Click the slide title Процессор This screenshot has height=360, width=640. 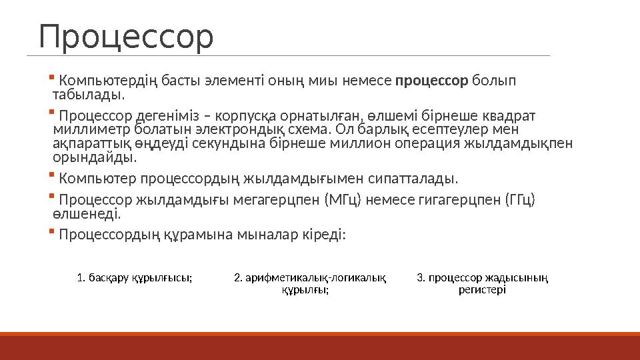126,37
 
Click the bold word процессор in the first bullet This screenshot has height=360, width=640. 432,82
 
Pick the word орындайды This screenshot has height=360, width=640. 94,157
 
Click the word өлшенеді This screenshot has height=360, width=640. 85,214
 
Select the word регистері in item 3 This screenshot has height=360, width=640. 483,290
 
